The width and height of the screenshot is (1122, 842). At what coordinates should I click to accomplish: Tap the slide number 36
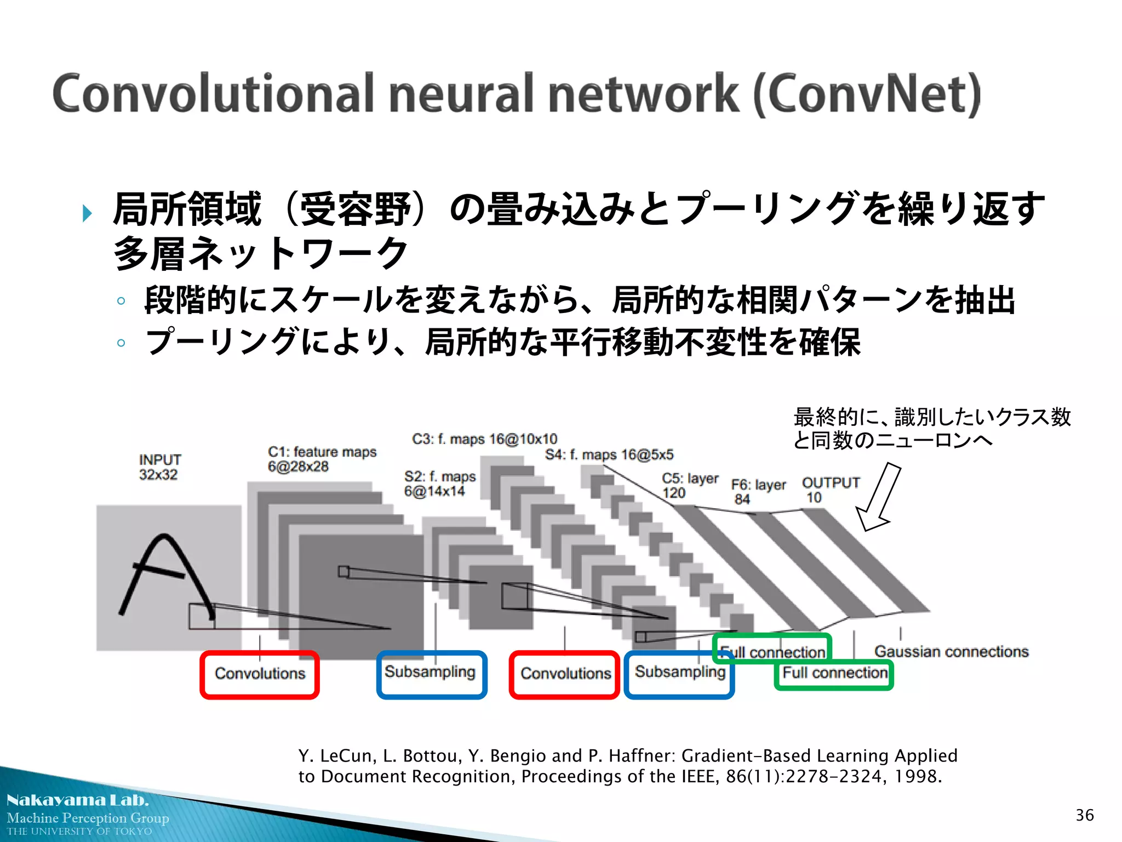tap(1084, 815)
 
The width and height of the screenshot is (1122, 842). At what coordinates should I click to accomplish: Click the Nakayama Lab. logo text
tap(77, 800)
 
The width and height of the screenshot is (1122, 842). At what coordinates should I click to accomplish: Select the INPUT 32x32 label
tap(159, 467)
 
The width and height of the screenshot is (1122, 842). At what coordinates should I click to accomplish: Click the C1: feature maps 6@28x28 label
tap(322, 459)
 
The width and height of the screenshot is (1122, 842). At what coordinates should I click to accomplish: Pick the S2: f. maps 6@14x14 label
tap(439, 483)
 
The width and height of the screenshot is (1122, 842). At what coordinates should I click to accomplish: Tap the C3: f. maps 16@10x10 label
tap(484, 439)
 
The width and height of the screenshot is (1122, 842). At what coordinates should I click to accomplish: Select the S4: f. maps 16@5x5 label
tap(609, 454)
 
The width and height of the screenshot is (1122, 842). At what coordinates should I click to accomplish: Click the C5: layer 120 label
tap(689, 486)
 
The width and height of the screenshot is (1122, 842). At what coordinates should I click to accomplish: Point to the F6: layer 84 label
tap(758, 492)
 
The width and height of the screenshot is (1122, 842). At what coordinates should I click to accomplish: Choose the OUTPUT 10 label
tap(830, 490)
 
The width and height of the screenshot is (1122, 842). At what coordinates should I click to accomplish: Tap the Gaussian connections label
tap(951, 651)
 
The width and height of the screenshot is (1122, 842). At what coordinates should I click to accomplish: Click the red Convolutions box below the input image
tap(260, 674)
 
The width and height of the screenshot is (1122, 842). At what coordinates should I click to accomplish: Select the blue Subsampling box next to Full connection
tap(679, 673)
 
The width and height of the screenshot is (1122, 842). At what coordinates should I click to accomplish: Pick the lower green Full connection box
tap(834, 674)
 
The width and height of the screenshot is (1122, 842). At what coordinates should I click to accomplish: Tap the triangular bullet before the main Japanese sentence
tap(87, 213)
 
